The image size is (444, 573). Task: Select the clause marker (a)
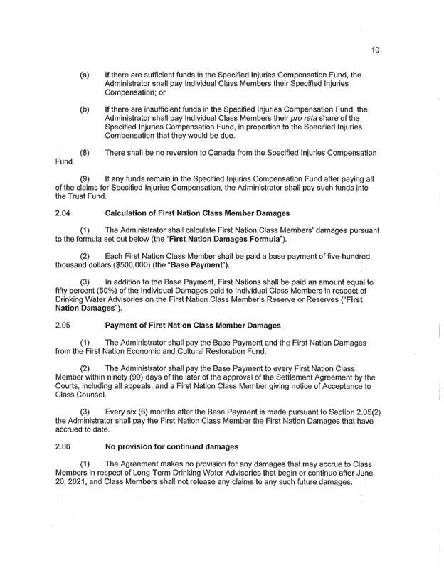coord(84,75)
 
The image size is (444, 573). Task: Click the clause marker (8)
coord(84,153)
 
